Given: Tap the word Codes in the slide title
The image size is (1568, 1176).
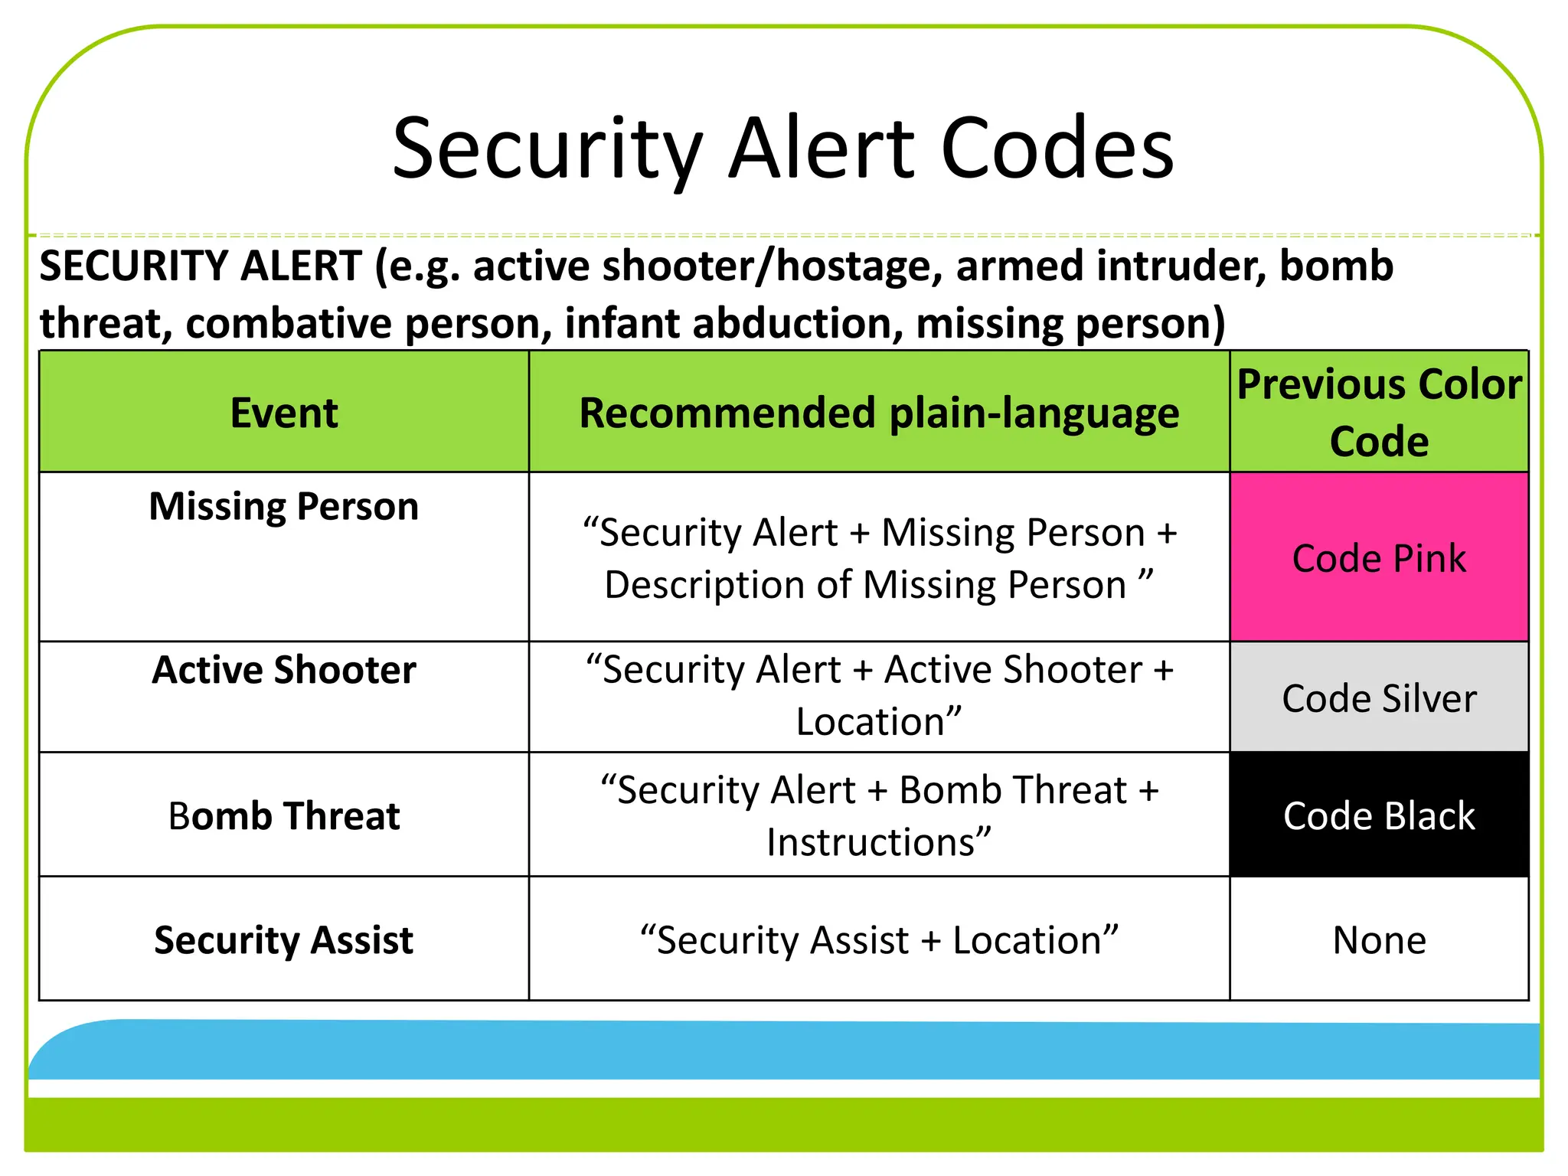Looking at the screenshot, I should (x=1057, y=149).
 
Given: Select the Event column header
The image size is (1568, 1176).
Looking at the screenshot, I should (x=284, y=413).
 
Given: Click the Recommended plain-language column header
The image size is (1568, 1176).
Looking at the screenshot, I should (x=879, y=413).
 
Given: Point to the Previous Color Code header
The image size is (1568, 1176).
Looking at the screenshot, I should (x=1379, y=413).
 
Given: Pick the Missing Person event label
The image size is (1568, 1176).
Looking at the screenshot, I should (x=284, y=507).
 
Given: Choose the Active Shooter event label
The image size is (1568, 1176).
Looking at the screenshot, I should (x=284, y=671).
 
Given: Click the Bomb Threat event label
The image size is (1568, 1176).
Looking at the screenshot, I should (x=284, y=816).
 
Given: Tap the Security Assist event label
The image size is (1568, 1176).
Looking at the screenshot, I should (x=284, y=940).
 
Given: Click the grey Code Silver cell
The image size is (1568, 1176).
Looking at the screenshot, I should (x=1379, y=698).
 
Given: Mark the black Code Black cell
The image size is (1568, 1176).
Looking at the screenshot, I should (x=1379, y=816).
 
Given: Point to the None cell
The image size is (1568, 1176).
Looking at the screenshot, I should (x=1379, y=940).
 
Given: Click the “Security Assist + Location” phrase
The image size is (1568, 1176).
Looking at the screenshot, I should (x=879, y=940).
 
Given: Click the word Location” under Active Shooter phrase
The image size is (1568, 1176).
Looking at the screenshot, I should (x=879, y=722).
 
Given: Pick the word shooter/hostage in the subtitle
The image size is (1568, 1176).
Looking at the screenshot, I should (x=773, y=266).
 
